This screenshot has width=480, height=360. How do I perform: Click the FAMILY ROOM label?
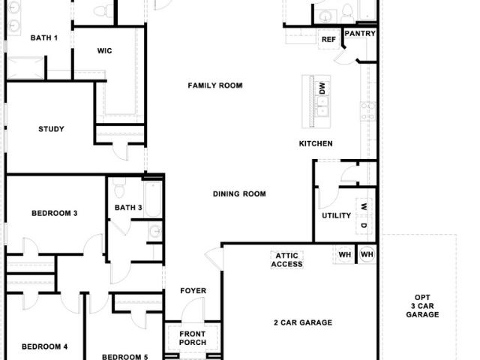[x=215, y=85]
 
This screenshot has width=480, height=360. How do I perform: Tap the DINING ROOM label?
[x=239, y=193]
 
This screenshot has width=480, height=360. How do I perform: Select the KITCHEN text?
[x=316, y=143]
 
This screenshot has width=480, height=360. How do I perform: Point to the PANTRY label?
[x=360, y=33]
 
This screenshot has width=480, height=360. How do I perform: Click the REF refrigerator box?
[x=328, y=39]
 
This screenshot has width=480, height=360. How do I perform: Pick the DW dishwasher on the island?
[x=322, y=88]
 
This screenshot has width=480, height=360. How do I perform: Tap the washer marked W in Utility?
[x=364, y=207]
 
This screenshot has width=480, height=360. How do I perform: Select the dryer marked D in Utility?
[x=364, y=225]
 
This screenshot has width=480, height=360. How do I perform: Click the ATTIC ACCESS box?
[x=286, y=260]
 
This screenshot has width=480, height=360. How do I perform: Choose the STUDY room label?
[x=52, y=129]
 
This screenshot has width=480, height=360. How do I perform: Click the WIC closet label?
[x=104, y=51]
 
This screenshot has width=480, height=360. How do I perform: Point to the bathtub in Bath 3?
[x=153, y=199]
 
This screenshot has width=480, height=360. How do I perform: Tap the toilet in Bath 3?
[x=119, y=188]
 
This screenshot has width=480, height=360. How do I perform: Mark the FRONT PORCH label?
[x=193, y=338]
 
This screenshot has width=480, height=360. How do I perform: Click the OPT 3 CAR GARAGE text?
[x=422, y=306]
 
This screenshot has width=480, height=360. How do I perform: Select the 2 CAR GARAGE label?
[x=303, y=322]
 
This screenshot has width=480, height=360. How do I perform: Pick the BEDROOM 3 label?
[x=55, y=213]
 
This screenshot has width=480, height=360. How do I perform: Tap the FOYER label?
[x=193, y=290]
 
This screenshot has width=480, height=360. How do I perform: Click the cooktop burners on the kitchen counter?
[x=367, y=112]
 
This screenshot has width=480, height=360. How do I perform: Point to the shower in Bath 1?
[x=25, y=68]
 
